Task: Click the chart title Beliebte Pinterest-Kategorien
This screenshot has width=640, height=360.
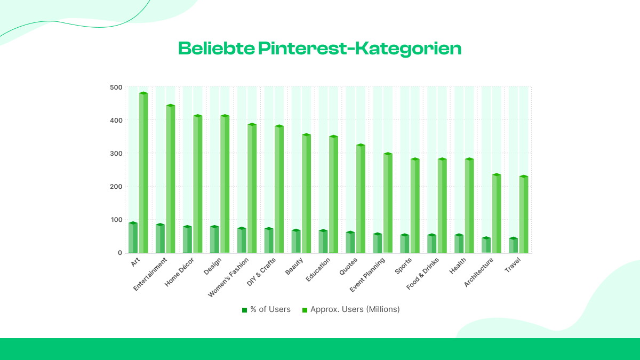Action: click(319, 49)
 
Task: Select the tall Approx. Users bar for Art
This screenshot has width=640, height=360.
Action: click(143, 173)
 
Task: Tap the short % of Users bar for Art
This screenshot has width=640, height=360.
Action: click(133, 238)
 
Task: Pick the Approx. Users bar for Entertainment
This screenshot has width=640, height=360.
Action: click(171, 179)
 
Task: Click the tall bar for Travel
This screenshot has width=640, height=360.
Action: click(524, 214)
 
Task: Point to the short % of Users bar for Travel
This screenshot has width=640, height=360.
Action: click(513, 245)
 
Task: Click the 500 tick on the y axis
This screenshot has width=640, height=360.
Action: click(116, 87)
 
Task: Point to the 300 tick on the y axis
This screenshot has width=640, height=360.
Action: click(116, 154)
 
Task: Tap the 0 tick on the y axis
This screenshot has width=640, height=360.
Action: click(119, 253)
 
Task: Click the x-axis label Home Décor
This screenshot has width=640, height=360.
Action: click(180, 272)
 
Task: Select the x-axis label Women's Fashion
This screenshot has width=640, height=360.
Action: click(228, 277)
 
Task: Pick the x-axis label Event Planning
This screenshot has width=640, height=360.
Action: click(367, 275)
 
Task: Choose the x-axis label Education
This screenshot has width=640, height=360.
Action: click(318, 270)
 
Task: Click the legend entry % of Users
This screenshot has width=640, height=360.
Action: click(266, 309)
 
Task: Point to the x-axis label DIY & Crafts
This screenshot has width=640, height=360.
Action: click(261, 272)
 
